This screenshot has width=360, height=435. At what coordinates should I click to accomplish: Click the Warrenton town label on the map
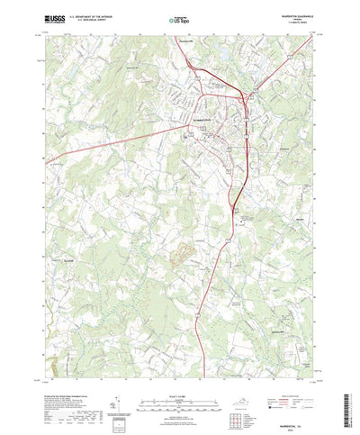pos(208,120)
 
